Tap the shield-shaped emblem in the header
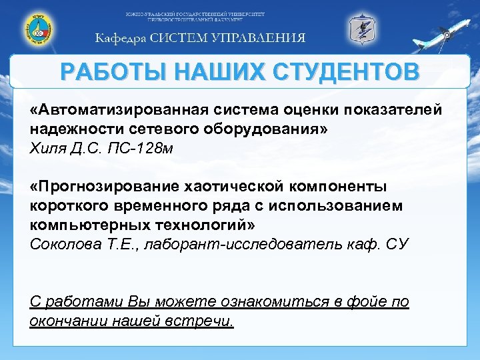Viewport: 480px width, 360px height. (x=365, y=30)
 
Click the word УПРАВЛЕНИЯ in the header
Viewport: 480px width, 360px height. (x=261, y=38)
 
